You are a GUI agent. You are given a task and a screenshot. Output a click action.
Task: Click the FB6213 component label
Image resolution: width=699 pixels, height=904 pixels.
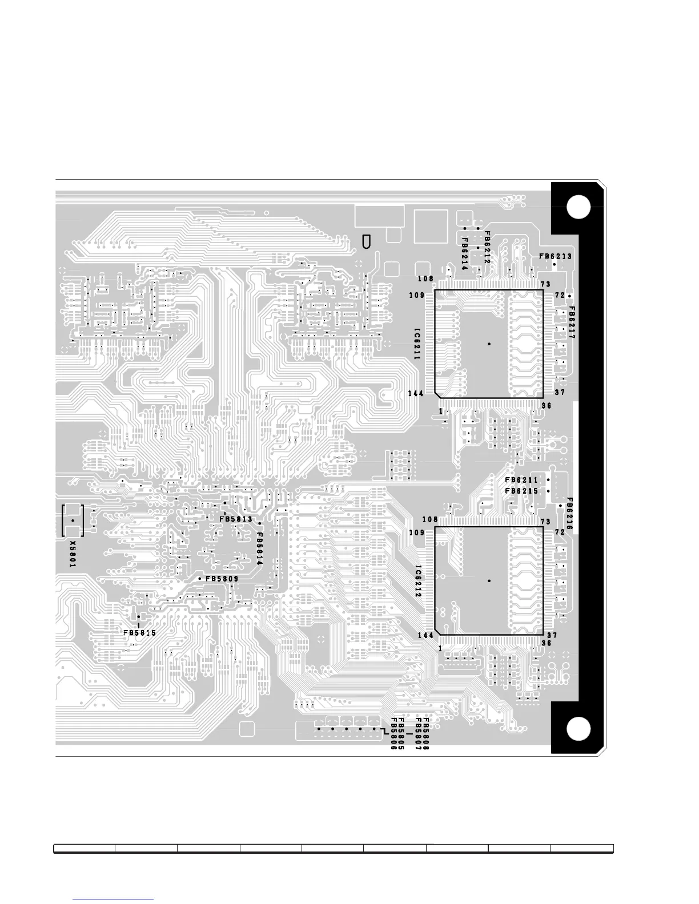click(555, 257)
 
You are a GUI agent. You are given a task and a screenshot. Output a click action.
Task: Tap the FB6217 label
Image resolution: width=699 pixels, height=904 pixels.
click(571, 322)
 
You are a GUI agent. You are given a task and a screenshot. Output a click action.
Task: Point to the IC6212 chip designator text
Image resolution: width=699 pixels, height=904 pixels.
click(418, 581)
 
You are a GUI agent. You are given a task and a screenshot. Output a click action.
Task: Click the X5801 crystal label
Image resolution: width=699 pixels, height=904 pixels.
click(73, 554)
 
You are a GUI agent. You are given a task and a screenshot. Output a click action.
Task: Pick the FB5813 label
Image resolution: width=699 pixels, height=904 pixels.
click(236, 519)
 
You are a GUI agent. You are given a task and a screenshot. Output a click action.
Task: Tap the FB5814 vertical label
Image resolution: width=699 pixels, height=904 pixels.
click(259, 549)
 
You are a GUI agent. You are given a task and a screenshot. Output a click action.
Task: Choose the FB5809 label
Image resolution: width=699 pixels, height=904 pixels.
click(222, 579)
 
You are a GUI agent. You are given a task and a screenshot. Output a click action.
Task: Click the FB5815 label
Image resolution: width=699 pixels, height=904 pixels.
click(140, 633)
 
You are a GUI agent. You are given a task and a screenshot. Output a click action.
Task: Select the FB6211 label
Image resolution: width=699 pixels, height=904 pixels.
click(521, 481)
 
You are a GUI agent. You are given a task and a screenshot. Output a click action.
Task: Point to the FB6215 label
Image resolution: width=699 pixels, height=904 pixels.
click(521, 491)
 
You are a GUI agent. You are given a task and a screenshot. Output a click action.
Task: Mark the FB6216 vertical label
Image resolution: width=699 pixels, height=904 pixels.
click(569, 514)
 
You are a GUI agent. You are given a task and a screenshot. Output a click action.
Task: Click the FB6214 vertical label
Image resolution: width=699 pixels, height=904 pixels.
click(465, 254)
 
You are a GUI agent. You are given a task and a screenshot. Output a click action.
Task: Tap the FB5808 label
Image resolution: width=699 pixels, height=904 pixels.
click(425, 733)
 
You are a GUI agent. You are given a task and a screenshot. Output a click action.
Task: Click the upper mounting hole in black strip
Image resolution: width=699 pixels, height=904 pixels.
click(579, 207)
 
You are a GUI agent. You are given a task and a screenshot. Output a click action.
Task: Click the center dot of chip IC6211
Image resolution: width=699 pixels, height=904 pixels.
click(489, 344)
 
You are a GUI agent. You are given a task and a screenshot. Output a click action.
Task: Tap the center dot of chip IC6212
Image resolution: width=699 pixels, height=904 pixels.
click(489, 581)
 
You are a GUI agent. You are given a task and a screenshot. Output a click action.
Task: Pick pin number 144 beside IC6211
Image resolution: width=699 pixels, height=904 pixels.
click(416, 394)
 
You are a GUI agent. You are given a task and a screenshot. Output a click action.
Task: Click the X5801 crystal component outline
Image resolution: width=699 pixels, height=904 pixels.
click(73, 520)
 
